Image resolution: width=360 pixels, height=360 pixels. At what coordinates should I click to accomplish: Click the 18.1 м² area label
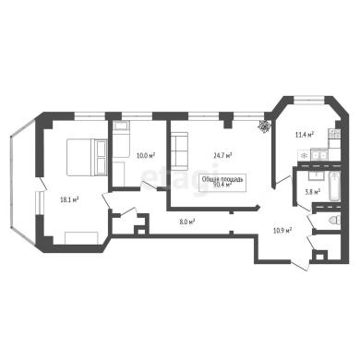69,200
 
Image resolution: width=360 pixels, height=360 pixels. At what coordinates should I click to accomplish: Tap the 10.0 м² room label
146,156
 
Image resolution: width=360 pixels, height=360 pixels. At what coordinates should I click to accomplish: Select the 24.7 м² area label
222,156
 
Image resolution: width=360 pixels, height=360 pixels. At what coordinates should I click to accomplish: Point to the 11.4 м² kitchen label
305,134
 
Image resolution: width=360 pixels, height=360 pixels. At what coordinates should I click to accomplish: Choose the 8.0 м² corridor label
187,222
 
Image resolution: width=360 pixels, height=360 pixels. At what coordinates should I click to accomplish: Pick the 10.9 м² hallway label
282,230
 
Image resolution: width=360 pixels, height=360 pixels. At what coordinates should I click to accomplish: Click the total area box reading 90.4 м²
222,183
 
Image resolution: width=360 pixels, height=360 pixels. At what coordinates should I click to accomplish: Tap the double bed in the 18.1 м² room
87,158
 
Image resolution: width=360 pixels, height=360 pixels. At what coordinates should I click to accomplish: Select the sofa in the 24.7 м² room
179,150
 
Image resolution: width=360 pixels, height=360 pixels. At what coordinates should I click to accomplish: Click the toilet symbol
334,220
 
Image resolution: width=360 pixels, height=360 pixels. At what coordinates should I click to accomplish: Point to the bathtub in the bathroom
334,186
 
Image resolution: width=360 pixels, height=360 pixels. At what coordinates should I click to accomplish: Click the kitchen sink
319,155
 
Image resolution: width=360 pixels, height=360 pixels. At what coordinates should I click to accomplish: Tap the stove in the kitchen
335,134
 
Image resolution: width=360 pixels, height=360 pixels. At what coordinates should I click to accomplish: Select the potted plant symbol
264,126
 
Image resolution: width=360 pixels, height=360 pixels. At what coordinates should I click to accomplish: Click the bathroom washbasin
316,175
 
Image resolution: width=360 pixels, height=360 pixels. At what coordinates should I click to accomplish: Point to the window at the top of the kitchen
309,100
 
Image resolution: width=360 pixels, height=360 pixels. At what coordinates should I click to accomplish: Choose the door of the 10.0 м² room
150,186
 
